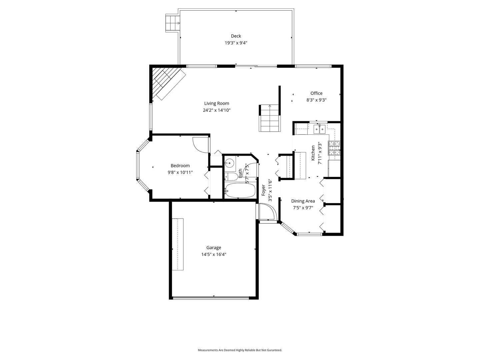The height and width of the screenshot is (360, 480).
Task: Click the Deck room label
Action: (x=236, y=36)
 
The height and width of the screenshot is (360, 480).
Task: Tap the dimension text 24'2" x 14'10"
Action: (x=217, y=110)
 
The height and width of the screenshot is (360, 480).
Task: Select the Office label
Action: (x=316, y=93)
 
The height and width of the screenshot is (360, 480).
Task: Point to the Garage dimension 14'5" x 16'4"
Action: (x=214, y=254)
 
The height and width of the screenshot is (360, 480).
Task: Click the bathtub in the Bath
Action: (x=240, y=190)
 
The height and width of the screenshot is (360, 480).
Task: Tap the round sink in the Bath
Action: (x=229, y=163)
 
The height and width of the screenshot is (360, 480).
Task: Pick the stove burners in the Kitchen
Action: (x=334, y=148)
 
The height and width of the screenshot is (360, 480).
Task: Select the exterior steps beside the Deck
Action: (x=173, y=23)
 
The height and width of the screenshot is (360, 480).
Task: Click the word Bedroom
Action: (x=180, y=166)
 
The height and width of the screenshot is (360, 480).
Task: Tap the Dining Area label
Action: (x=303, y=201)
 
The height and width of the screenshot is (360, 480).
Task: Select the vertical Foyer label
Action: (x=263, y=193)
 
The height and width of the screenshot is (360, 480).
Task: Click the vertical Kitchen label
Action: (x=313, y=153)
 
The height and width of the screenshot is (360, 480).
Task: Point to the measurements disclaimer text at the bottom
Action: (x=240, y=350)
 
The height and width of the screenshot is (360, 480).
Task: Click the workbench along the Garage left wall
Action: (x=178, y=244)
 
